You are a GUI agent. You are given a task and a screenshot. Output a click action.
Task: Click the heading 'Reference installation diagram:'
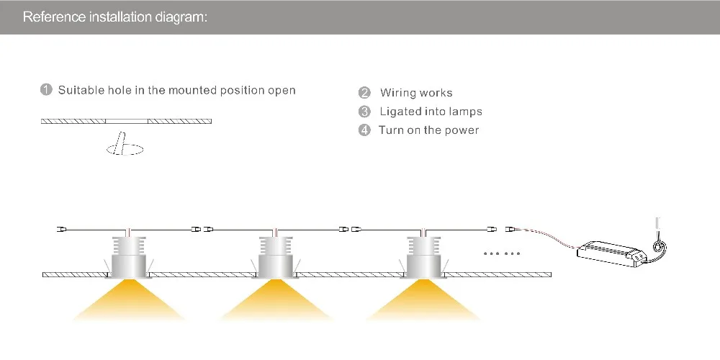(x=115, y=17)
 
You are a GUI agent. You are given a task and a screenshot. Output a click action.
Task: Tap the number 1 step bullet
(x=46, y=89)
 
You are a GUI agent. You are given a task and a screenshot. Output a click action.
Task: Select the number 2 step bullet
(x=364, y=93)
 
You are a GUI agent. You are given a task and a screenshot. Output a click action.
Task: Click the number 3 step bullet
(x=364, y=112)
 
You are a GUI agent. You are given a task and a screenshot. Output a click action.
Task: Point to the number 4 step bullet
(x=364, y=130)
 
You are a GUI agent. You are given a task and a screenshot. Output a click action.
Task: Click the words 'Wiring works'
(x=416, y=93)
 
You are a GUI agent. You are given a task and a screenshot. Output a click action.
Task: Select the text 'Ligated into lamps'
(x=431, y=112)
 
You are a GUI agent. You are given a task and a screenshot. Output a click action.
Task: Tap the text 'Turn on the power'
(x=428, y=130)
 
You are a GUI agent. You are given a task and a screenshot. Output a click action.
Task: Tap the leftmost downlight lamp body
(x=128, y=257)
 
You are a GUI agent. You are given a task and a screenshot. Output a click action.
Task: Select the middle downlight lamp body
(x=276, y=257)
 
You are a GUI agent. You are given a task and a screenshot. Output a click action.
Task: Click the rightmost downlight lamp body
(x=423, y=257)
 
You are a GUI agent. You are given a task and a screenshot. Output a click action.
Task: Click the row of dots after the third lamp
(x=501, y=253)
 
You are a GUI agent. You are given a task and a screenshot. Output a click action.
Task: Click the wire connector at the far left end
(x=61, y=229)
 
